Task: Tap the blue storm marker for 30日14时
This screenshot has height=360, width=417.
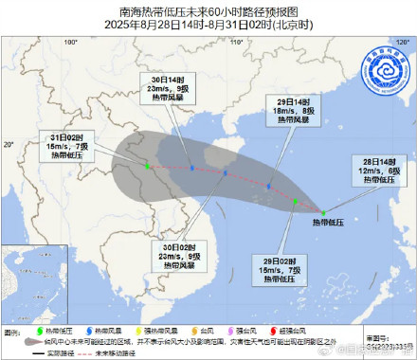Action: [x=191, y=169]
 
